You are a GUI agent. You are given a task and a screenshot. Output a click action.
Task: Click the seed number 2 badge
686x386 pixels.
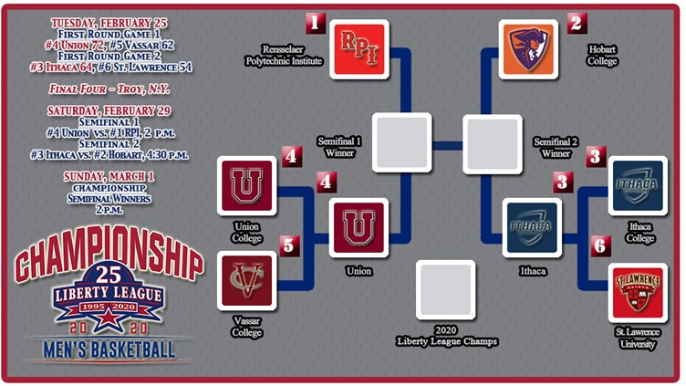point(576,22)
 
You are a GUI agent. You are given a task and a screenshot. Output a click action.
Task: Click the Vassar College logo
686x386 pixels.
point(247,280)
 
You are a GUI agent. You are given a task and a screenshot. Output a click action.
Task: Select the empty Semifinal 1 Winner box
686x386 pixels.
point(401,143)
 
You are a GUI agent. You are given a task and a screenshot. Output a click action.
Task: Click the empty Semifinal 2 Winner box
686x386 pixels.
point(492,143)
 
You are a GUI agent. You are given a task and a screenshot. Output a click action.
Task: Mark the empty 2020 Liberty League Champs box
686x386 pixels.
point(445,290)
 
